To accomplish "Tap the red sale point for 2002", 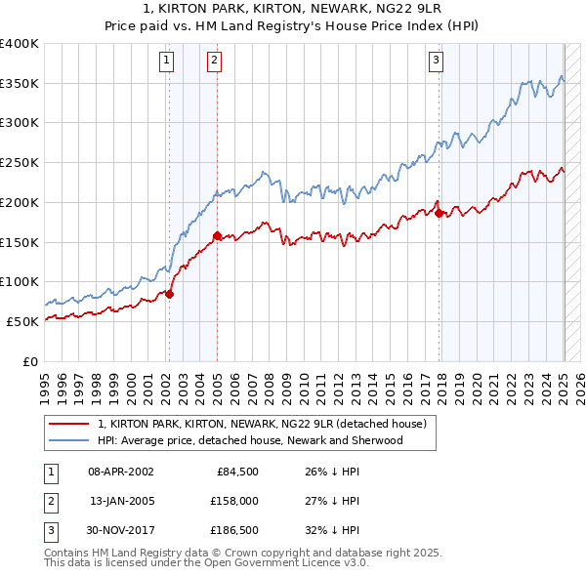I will click(x=169, y=293).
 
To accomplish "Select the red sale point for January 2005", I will click(x=217, y=234).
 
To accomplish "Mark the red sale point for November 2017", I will click(x=439, y=212).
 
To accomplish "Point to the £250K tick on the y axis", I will click(x=20, y=162).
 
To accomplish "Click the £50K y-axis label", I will click(x=23, y=321).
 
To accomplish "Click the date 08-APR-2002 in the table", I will click(x=120, y=472).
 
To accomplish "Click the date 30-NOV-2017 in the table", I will click(x=121, y=532).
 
